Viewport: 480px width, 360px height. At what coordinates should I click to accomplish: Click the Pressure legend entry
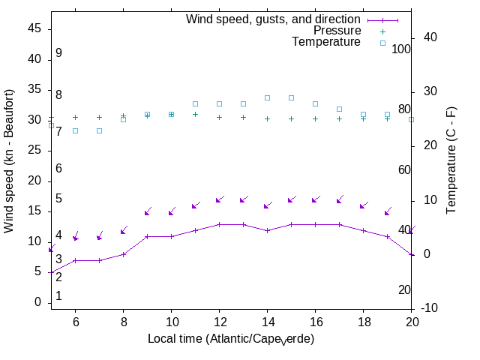coord(337,31)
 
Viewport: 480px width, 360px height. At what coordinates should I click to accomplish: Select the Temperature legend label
coord(326,43)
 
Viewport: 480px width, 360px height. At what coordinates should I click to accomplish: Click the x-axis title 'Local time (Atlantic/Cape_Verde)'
coord(231,339)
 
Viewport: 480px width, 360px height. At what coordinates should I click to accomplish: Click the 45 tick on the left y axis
coord(34,28)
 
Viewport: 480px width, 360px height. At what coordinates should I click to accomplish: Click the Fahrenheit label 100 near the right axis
coord(401,49)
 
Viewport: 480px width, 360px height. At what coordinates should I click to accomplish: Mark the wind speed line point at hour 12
coord(219,224)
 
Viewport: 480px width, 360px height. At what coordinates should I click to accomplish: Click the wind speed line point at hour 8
coord(123,254)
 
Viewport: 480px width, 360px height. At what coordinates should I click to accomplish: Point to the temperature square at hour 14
coord(267,97)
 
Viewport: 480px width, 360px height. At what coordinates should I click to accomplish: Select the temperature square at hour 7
coord(99,130)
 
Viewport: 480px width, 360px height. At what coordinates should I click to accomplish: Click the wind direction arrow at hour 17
coord(340,200)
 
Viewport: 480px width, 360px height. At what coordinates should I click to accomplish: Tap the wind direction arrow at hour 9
coord(148,212)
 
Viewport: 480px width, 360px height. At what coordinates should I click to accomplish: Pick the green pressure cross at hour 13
coord(243,117)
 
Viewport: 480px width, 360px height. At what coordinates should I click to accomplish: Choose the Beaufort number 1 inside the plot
coord(58,296)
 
